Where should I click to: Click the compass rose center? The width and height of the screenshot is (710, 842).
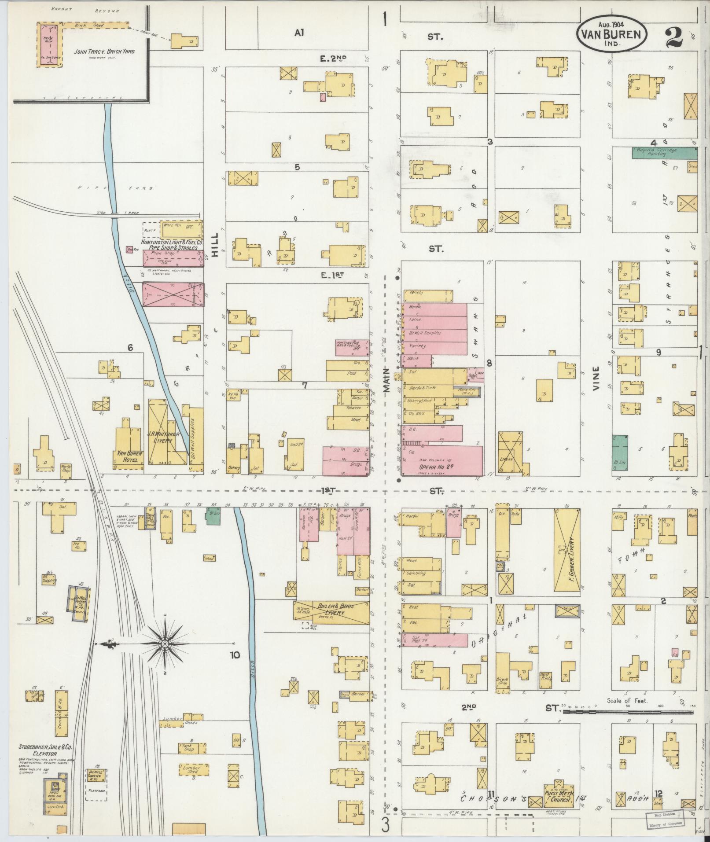(165, 643)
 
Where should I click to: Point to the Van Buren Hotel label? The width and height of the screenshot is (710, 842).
(128, 456)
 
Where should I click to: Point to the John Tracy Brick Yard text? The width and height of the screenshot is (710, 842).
(104, 51)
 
